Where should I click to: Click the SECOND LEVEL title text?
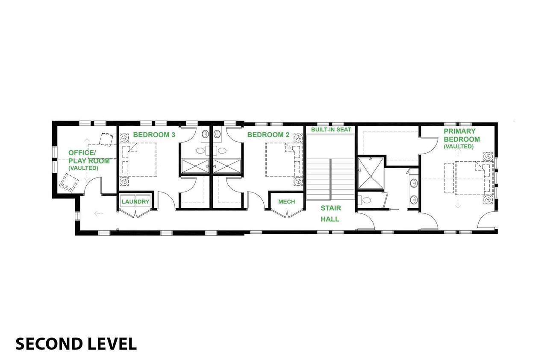click(x=76, y=344)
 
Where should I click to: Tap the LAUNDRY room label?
click(x=135, y=201)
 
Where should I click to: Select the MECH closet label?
click(x=287, y=201)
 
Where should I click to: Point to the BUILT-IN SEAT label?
click(x=331, y=129)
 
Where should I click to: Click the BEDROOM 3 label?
click(x=154, y=135)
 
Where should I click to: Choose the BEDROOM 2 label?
click(x=268, y=135)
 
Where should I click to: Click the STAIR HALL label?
click(x=330, y=213)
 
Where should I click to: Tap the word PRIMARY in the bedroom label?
click(x=459, y=131)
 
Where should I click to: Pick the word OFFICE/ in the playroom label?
click(x=82, y=153)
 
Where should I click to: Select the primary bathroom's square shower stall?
click(x=371, y=173)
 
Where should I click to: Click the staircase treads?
click(x=330, y=179)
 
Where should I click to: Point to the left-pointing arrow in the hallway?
click(x=99, y=214)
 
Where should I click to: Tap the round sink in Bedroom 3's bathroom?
click(x=206, y=134)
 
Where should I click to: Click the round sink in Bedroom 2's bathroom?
click(x=217, y=134)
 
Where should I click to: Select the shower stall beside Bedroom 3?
click(x=195, y=166)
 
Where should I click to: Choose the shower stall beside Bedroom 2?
click(x=227, y=166)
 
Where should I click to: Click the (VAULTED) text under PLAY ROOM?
click(x=83, y=168)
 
